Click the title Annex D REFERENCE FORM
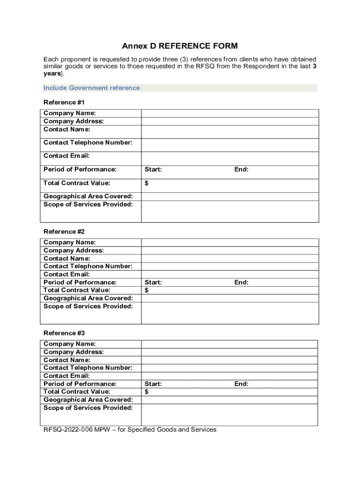180,46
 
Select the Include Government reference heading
92,88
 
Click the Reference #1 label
64,102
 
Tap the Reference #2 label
64,232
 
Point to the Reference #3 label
64,333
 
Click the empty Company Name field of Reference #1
230,113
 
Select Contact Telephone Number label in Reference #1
88,143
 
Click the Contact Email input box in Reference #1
230,158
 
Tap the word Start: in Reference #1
153,170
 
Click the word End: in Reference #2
241,283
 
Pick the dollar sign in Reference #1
147,183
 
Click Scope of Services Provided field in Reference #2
230,313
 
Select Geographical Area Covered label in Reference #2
88,298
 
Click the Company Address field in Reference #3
230,352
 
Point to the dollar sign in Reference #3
147,392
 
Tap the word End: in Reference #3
241,384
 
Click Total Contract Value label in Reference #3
77,392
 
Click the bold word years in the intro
52,74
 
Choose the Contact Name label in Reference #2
67,259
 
